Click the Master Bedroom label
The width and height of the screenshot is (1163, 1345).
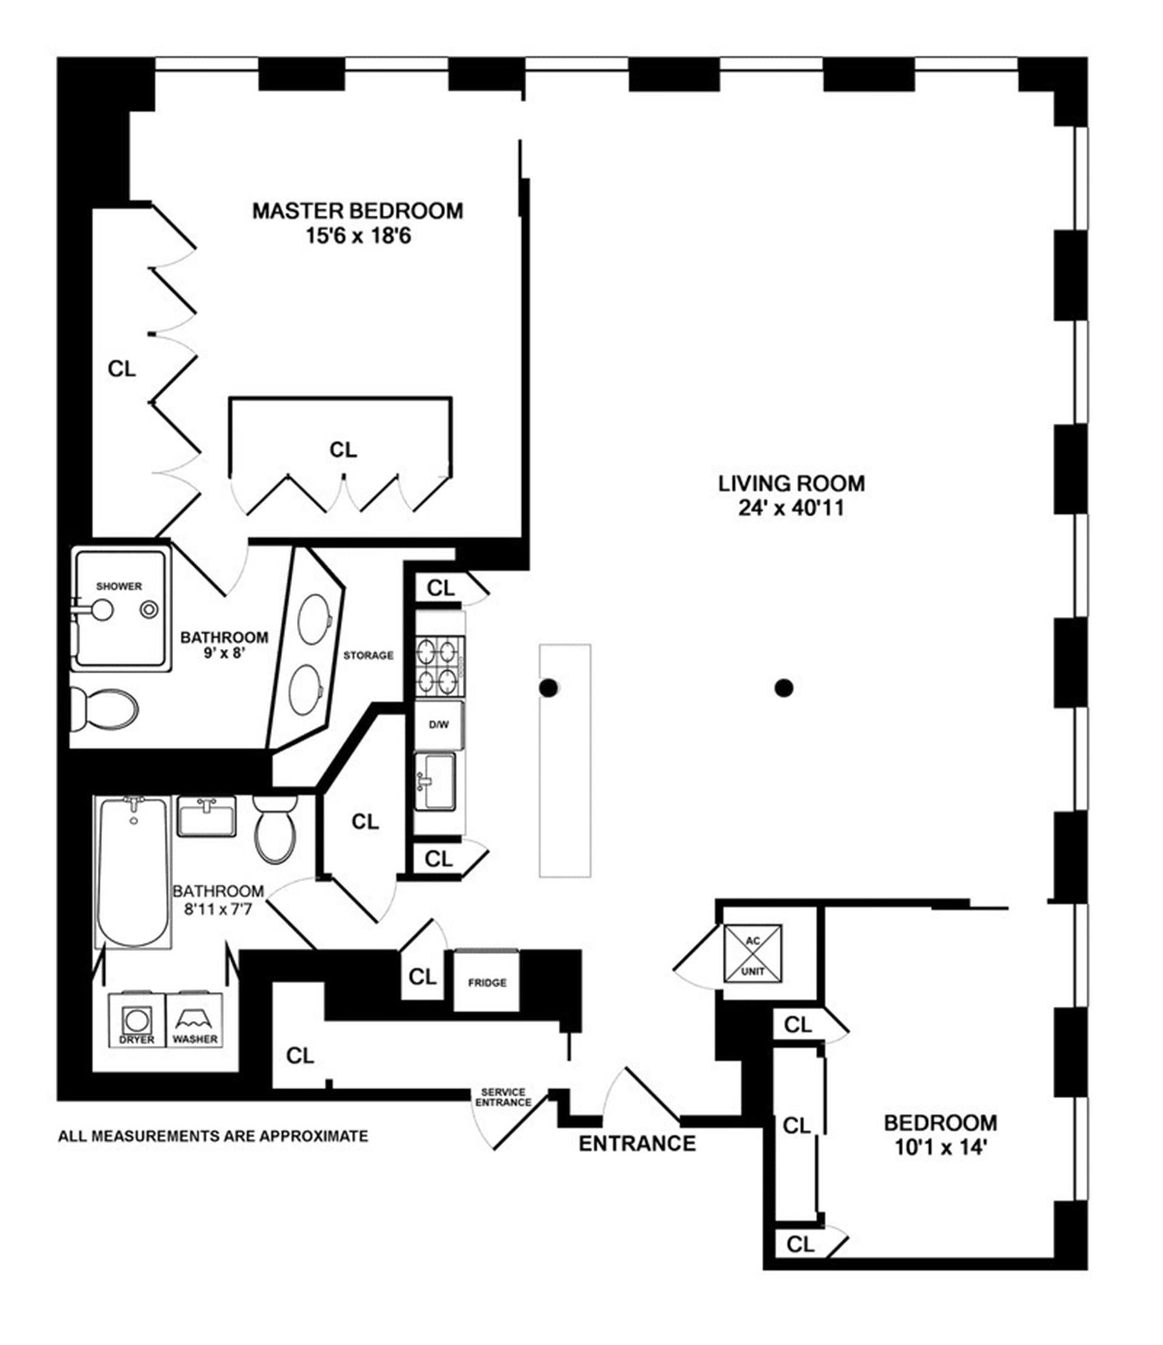pyautogui.click(x=357, y=211)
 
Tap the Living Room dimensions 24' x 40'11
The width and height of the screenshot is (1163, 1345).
pyautogui.click(x=790, y=508)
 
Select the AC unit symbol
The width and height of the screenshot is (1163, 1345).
pyautogui.click(x=752, y=954)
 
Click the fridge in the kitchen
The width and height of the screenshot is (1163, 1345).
pyautogui.click(x=486, y=982)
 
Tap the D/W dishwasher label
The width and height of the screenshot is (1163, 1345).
pyautogui.click(x=439, y=725)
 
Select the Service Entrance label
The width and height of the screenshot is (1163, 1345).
pyautogui.click(x=503, y=1098)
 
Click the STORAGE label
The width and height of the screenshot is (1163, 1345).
pyautogui.click(x=368, y=656)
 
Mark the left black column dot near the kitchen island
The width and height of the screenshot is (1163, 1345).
pyautogui.click(x=548, y=688)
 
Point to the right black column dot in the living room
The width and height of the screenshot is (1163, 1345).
pyautogui.click(x=784, y=688)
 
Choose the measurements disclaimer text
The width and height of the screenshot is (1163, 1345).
pyautogui.click(x=213, y=1137)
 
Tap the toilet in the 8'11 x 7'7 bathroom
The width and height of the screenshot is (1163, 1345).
pyautogui.click(x=275, y=829)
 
